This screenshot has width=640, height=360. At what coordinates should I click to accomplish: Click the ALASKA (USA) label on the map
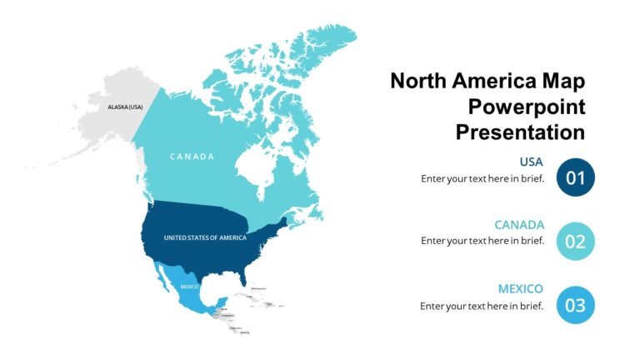coord(125,107)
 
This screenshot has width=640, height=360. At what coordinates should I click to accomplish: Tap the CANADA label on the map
coord(192,157)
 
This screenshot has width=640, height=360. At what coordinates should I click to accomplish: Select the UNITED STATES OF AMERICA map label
coord(205,237)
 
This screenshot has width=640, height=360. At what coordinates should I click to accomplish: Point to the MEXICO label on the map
coord(189,287)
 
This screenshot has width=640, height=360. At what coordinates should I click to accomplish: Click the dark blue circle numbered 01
coord(575,177)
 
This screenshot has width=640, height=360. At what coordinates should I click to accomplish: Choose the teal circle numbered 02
coord(575,241)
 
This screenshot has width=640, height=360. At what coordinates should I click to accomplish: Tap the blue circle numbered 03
coord(575,305)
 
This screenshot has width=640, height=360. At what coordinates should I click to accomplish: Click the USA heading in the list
coord(531,162)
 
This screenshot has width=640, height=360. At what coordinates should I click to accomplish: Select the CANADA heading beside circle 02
coord(519,225)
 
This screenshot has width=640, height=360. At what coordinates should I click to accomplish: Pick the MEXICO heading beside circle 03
coord(521,289)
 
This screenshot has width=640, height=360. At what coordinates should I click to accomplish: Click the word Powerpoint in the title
coord(527,107)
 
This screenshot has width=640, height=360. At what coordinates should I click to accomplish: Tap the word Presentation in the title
coord(520,132)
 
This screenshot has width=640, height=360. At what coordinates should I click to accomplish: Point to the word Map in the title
coord(562,81)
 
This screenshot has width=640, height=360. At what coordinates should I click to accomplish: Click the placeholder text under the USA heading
coord(482,177)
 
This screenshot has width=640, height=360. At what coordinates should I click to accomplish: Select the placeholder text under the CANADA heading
coord(482,241)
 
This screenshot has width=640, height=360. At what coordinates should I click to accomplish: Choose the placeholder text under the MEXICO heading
coord(482,306)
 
